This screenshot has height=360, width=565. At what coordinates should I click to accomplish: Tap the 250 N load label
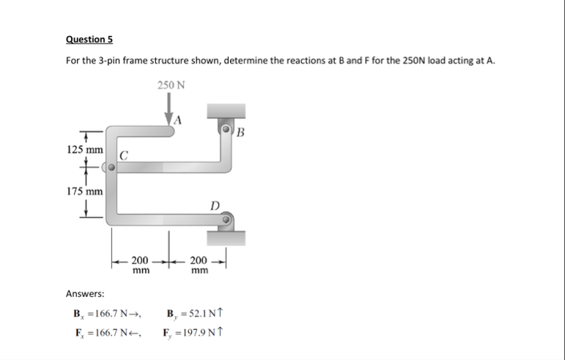pos(171,86)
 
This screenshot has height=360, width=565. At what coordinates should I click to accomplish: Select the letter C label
pos(125,155)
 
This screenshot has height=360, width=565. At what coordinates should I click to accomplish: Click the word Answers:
pos(85,294)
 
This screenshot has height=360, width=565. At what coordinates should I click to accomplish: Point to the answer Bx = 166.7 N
pos(106,315)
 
